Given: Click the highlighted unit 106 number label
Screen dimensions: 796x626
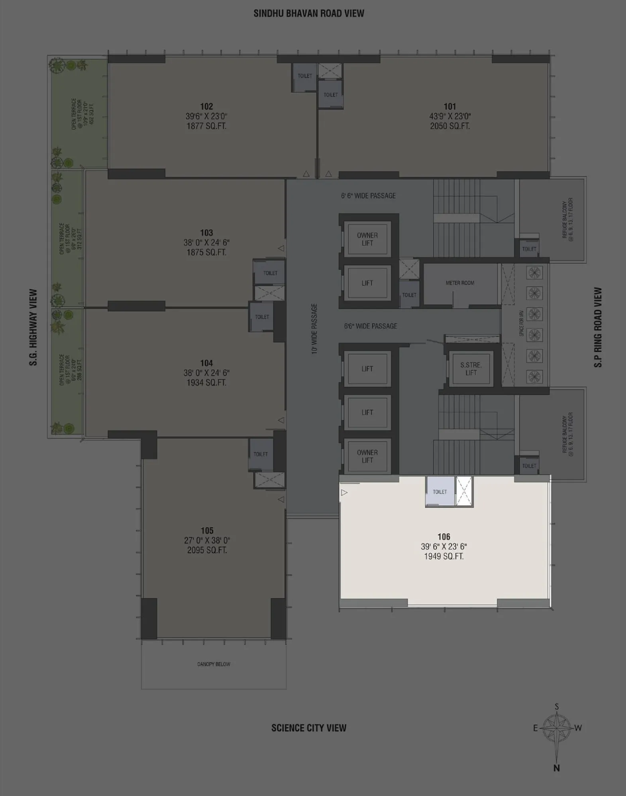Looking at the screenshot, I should coord(443,536).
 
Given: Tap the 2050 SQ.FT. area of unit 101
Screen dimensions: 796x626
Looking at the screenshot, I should coord(450,126).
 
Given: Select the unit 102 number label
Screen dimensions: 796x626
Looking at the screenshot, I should coord(206,106).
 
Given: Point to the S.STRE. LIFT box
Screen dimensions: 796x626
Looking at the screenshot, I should coord(471,369).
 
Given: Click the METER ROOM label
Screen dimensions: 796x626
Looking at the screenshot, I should coord(460,283).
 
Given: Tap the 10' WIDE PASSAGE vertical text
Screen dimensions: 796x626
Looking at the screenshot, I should coord(314,329).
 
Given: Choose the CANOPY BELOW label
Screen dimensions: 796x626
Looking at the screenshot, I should coord(214,664).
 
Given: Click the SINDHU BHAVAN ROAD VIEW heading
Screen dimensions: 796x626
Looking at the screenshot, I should coord(309,14).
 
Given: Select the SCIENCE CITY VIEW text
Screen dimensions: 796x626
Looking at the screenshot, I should coord(309,728).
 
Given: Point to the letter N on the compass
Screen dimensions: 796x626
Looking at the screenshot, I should coord(557,768).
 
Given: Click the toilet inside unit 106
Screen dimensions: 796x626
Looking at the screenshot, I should coord(440,491).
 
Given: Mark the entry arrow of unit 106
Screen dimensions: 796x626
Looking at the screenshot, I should coord(344,493).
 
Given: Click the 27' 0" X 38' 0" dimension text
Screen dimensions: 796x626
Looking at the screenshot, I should coord(207,540).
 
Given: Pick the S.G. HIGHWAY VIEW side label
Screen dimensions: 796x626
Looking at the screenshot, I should coord(33,327).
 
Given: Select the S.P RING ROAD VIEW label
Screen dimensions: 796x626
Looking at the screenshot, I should coord(598,327).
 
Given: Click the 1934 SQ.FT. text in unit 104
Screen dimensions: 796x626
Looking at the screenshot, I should coord(206,383).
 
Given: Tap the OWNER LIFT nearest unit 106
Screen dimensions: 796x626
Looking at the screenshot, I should coord(367,456).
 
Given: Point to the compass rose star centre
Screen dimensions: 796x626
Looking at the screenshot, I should coord(557,728).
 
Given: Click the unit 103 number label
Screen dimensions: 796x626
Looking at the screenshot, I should coord(206,233).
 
